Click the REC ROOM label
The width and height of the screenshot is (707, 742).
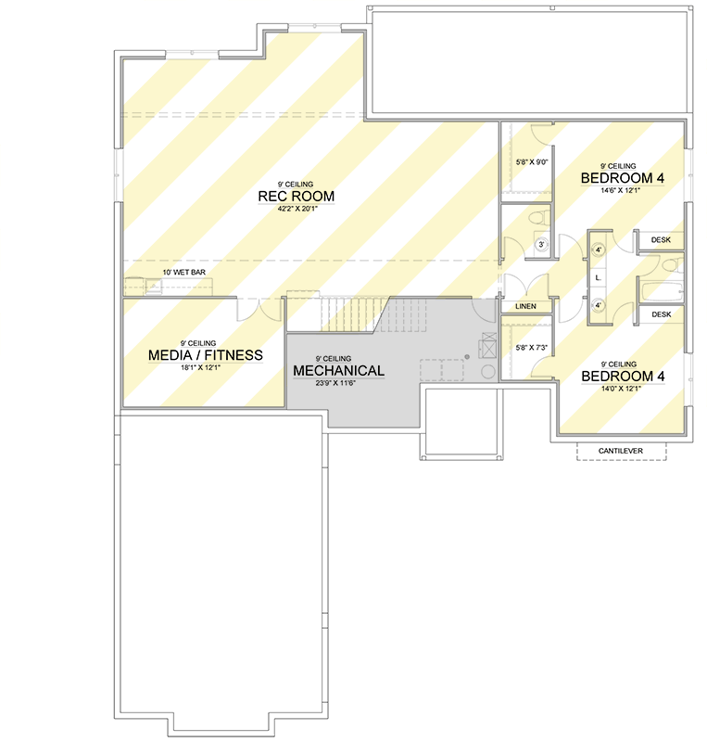pos(297,197)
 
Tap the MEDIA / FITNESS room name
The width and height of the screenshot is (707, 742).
pos(205,355)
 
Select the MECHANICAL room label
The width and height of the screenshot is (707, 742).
pos(338,371)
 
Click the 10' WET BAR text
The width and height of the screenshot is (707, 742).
pos(183,272)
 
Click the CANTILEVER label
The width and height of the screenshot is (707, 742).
pos(621,451)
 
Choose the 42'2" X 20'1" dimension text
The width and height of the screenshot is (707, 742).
pos(297,209)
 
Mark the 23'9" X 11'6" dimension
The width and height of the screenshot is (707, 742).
pos(337,382)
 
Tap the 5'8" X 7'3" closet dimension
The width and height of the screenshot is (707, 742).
pos(531,348)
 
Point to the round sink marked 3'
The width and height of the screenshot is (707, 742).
pos(543,245)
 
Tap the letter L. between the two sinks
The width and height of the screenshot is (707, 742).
pos(599,277)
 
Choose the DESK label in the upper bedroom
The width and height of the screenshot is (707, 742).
pos(661,240)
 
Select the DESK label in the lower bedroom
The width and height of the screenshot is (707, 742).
pos(661,315)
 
